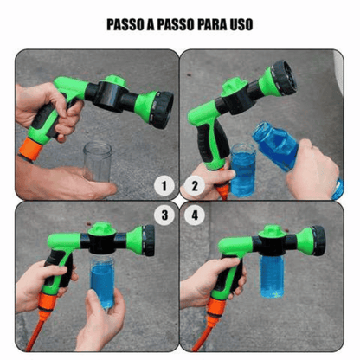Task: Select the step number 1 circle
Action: (x=160, y=184)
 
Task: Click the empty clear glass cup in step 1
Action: (x=97, y=162)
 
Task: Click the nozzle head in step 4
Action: (x=316, y=241)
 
